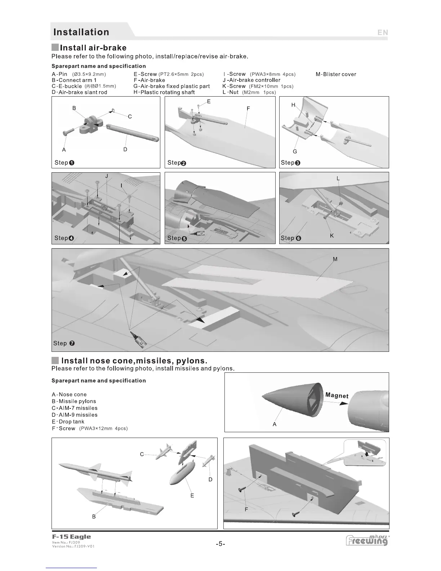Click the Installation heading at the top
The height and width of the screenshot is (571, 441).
[x=81, y=32]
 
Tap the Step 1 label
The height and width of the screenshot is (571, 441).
[x=64, y=163]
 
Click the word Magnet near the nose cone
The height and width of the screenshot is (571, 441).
[x=337, y=395]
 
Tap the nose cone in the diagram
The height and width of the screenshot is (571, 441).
[x=288, y=400]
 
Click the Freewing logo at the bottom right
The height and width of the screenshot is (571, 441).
[x=367, y=540]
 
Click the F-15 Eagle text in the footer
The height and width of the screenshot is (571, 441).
[x=71, y=537]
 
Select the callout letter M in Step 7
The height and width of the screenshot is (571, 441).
[x=335, y=259]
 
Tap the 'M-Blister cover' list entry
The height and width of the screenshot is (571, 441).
[x=336, y=74]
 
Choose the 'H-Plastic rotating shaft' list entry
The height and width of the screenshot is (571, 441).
[x=164, y=92]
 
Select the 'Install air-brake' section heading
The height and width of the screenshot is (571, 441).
[x=93, y=48]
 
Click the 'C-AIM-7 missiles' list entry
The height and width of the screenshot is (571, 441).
[x=75, y=408]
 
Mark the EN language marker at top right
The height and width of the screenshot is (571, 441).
[x=383, y=32]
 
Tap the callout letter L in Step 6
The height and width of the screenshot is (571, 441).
[x=338, y=178]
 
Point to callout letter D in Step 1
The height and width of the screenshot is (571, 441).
[x=125, y=149]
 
